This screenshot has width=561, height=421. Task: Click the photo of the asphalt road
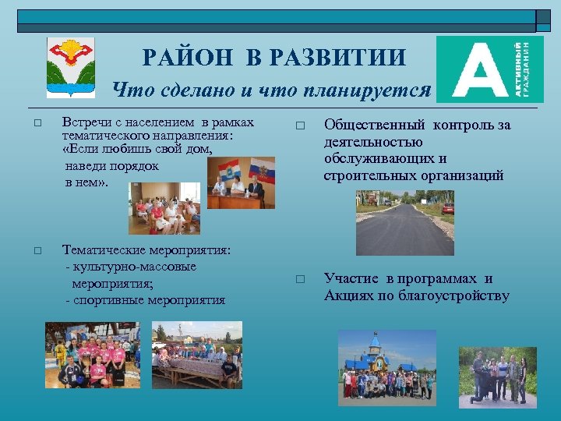405,223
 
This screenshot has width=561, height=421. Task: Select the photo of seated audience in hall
164,208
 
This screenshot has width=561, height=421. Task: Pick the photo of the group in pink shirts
92,355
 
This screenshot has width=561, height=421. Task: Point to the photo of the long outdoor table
197,355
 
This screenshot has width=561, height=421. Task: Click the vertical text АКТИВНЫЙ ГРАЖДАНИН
527,69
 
